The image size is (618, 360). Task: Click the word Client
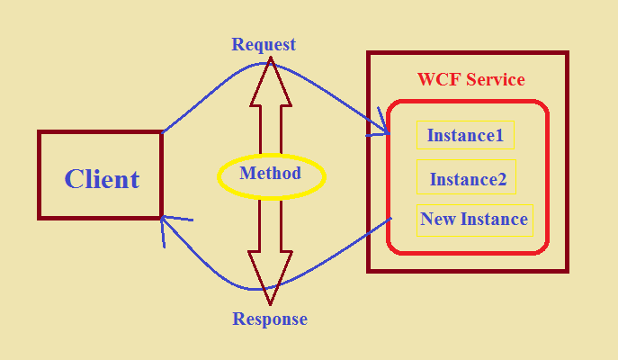[x=102, y=179]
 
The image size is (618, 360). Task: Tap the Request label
[x=264, y=44]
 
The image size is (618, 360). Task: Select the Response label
[x=270, y=319]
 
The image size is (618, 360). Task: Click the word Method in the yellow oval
[x=270, y=173]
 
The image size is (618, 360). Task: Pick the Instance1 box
[x=465, y=136]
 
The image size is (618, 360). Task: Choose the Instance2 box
[x=468, y=179]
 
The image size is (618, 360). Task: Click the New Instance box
[x=474, y=219]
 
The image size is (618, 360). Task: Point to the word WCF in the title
[x=436, y=79]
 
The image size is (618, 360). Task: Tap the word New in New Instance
[x=439, y=219]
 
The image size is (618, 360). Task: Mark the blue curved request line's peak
[x=270, y=63]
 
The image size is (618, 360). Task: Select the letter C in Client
[x=75, y=179]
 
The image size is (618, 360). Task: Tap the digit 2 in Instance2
[x=501, y=179]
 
